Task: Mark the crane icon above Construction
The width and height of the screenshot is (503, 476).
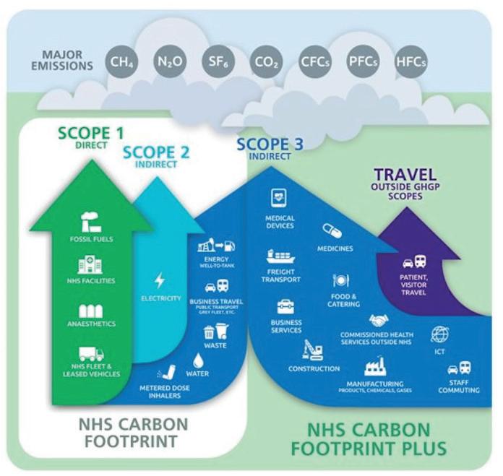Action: [313, 350]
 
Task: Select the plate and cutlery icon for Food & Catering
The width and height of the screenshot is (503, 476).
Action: [340, 280]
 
